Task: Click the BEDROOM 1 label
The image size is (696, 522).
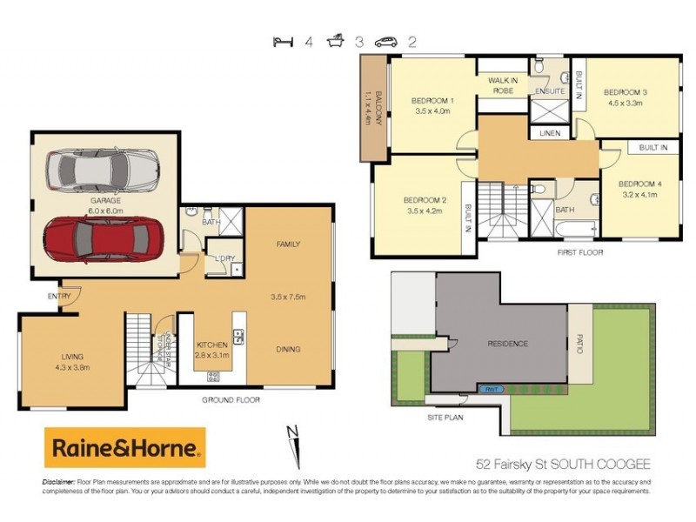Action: coord(432,100)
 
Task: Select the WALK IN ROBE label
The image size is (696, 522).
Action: coord(503,85)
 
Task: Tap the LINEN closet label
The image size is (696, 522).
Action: coord(549,133)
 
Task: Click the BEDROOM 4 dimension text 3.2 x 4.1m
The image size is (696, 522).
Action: coord(639,196)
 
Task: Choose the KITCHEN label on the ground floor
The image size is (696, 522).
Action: coord(212,345)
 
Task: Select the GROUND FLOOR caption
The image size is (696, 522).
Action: coord(231,400)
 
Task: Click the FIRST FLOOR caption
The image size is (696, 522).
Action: coord(580,252)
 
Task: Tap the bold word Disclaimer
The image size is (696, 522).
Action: coord(58,481)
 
